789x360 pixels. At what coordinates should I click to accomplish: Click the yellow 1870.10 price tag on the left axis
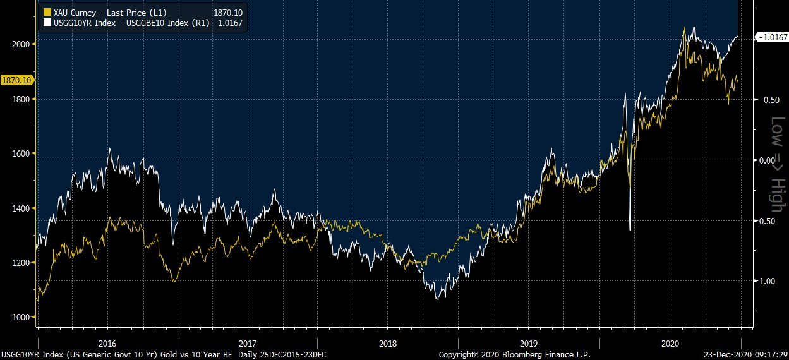tap(17, 80)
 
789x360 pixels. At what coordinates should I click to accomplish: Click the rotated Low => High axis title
tap(776, 164)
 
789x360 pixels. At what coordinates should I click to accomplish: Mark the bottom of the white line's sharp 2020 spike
tap(630, 230)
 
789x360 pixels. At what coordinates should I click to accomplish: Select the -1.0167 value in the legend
tap(229, 23)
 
